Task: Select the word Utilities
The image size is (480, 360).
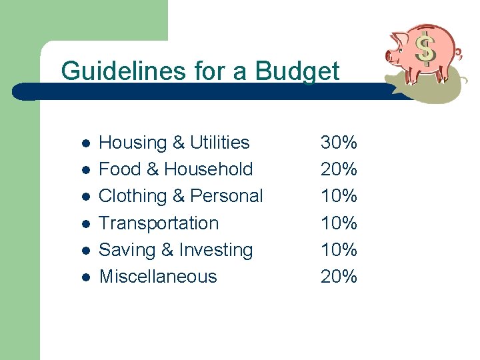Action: click(219, 143)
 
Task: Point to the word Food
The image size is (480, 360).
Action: click(120, 169)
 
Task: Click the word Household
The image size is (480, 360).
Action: click(209, 169)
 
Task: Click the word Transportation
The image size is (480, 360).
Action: click(159, 223)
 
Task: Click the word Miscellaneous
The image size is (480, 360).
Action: click(158, 277)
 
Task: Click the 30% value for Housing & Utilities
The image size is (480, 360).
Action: click(339, 143)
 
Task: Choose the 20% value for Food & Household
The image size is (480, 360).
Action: click(339, 169)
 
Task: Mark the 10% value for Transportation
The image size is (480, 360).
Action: click(339, 223)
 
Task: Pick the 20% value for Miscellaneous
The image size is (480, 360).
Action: click(339, 277)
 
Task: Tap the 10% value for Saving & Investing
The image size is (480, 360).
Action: click(339, 250)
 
